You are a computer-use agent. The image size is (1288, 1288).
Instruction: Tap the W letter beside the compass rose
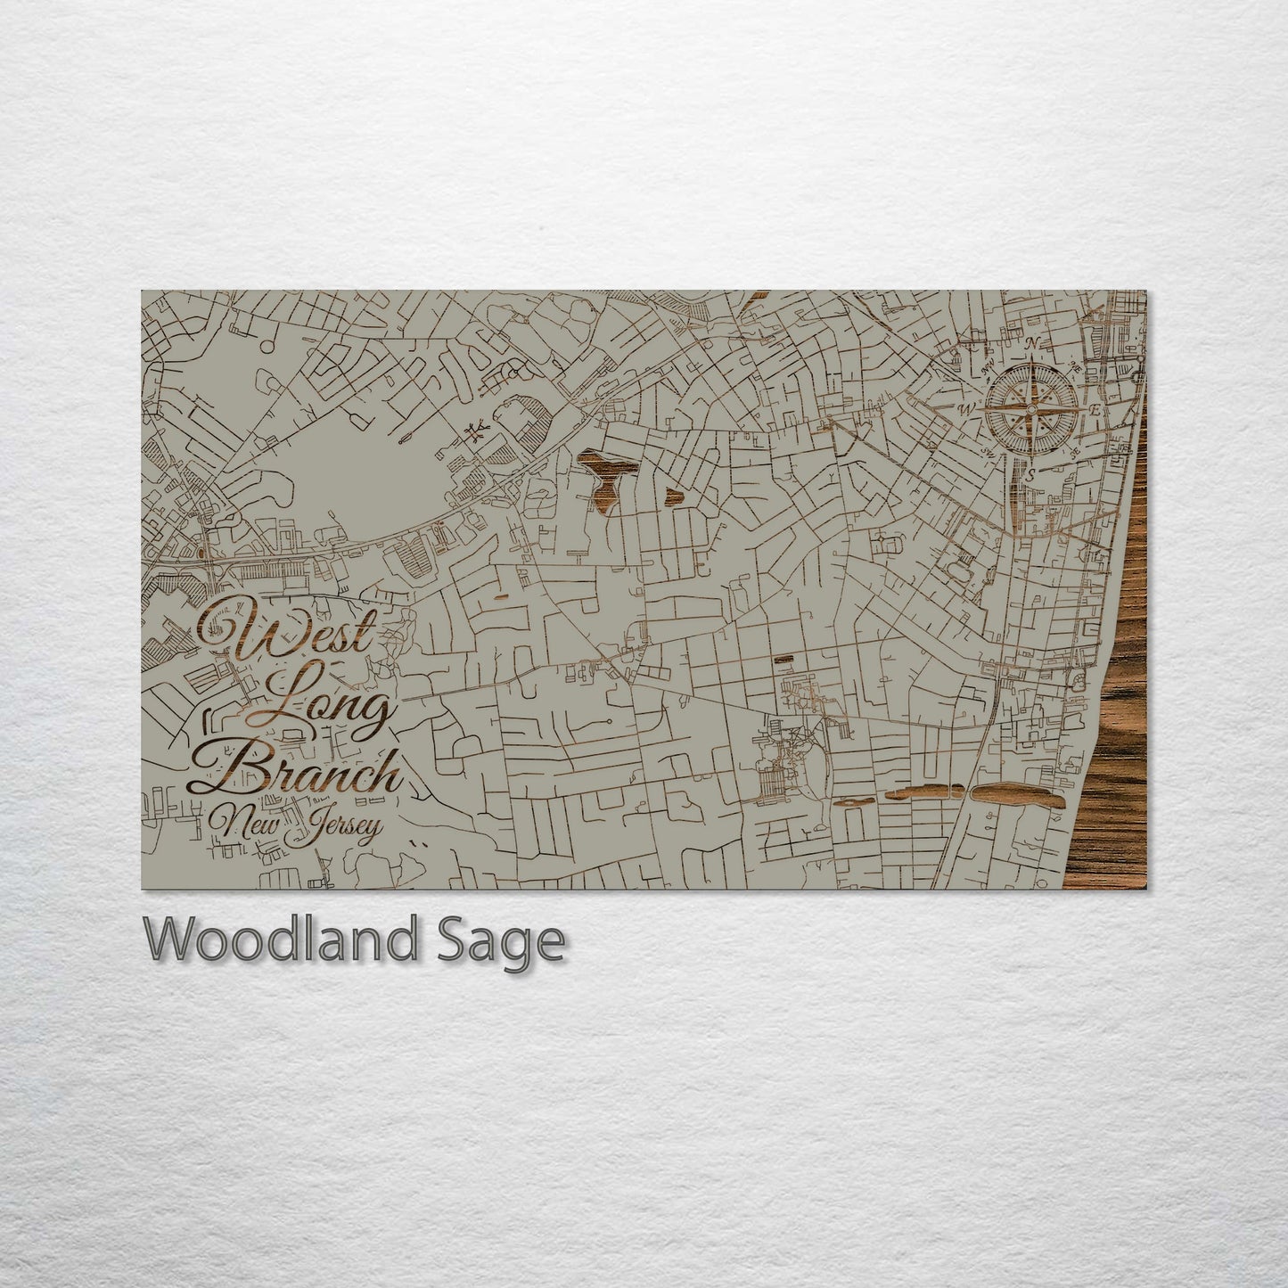click(x=965, y=409)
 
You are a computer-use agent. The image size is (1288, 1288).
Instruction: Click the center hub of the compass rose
click(x=1031, y=410)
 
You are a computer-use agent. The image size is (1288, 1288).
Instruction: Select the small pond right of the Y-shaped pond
click(x=671, y=495)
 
